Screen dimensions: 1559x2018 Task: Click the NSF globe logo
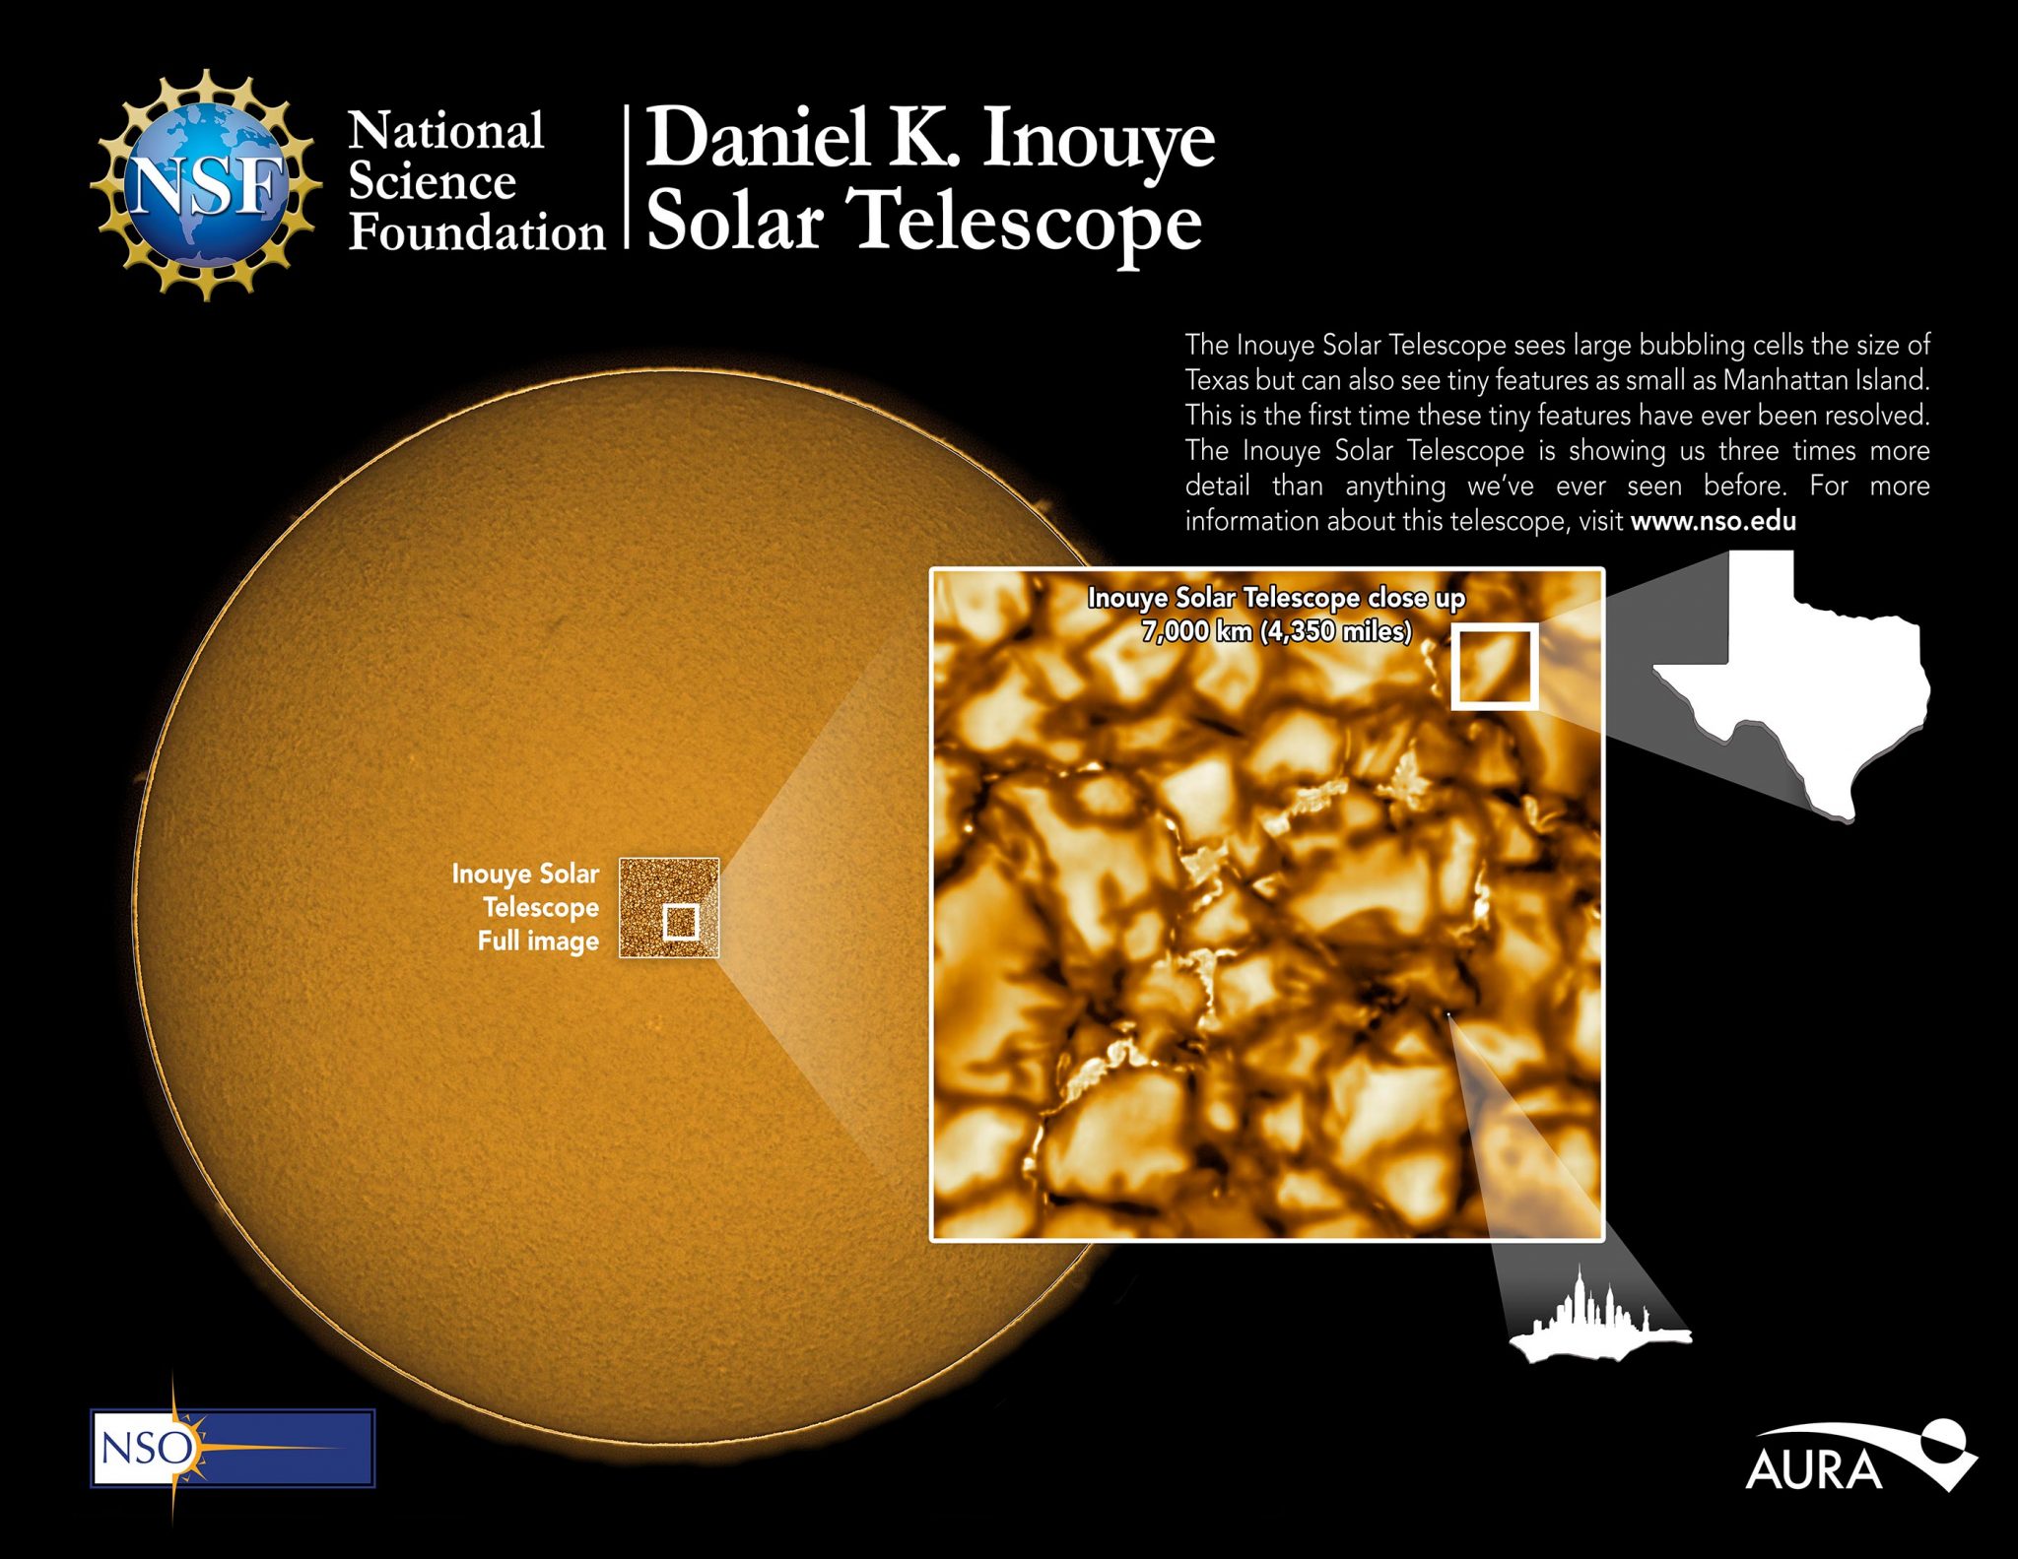coord(205,184)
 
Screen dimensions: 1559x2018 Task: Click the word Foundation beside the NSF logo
coord(477,233)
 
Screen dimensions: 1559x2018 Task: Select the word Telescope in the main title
coord(1029,222)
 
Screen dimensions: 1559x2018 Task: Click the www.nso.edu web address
coord(1713,521)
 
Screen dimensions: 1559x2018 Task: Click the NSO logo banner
coord(234,1448)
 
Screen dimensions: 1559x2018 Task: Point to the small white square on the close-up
coord(1495,667)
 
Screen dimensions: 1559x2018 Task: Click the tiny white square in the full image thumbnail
coord(681,923)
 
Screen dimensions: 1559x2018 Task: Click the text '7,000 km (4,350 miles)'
coord(1276,631)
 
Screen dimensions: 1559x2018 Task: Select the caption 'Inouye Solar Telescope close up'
coord(1276,598)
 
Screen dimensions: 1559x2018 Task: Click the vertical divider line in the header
coord(627,177)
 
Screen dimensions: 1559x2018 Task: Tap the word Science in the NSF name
coord(432,182)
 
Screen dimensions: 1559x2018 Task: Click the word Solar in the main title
coord(734,222)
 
